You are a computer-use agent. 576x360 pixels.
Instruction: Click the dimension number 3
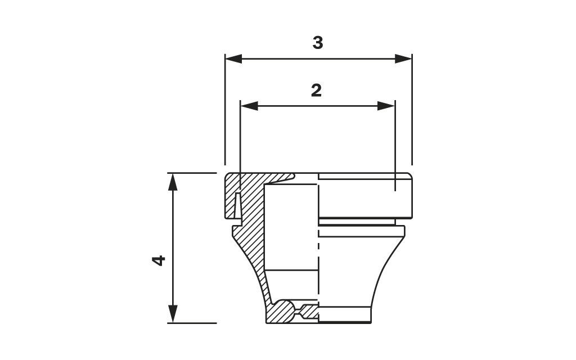(x=318, y=43)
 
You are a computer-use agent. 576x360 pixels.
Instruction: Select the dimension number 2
(x=316, y=91)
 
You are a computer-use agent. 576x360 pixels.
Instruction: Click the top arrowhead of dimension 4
(x=173, y=181)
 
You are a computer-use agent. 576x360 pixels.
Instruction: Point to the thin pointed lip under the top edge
(x=281, y=179)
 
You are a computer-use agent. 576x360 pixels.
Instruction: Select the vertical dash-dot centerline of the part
(x=318, y=247)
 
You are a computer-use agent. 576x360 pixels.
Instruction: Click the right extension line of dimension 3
(x=412, y=112)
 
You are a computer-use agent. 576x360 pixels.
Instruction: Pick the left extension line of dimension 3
(x=225, y=112)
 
